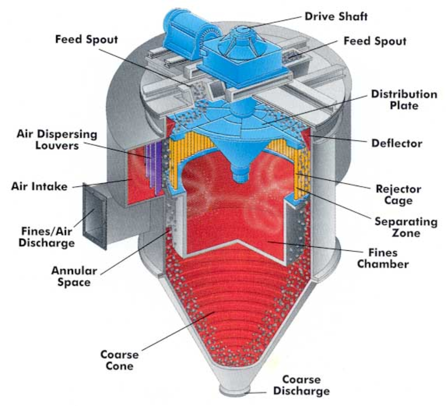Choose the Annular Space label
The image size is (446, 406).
(71, 276)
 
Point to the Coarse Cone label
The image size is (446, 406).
(119, 360)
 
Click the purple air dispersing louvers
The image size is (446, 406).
(152, 164)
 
